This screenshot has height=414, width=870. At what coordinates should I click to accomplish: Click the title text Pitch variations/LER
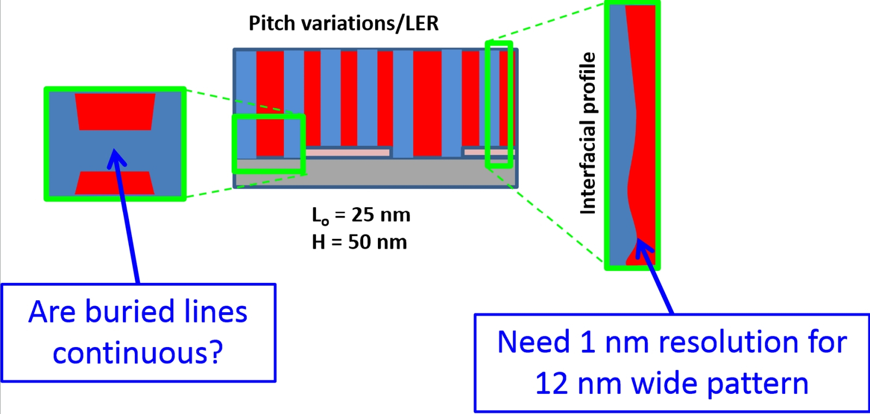[343, 23]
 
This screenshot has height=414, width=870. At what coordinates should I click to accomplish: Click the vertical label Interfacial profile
[588, 133]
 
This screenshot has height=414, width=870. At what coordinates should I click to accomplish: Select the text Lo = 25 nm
[361, 215]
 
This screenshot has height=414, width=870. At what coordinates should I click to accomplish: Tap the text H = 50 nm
[359, 242]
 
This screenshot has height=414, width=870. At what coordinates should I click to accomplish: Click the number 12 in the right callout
[552, 384]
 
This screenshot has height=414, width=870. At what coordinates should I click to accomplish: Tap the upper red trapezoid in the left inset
[115, 112]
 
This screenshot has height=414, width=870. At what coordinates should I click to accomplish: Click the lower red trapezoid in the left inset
[115, 183]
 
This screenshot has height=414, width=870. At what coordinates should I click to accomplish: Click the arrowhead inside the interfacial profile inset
[642, 245]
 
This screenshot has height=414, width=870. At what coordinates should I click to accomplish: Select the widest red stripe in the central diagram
[427, 102]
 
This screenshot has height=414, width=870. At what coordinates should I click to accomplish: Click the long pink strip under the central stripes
[347, 153]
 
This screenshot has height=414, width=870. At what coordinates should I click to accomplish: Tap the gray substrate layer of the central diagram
[375, 173]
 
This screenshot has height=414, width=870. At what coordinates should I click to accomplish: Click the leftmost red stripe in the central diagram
[270, 102]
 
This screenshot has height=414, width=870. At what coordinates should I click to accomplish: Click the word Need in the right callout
[533, 342]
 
